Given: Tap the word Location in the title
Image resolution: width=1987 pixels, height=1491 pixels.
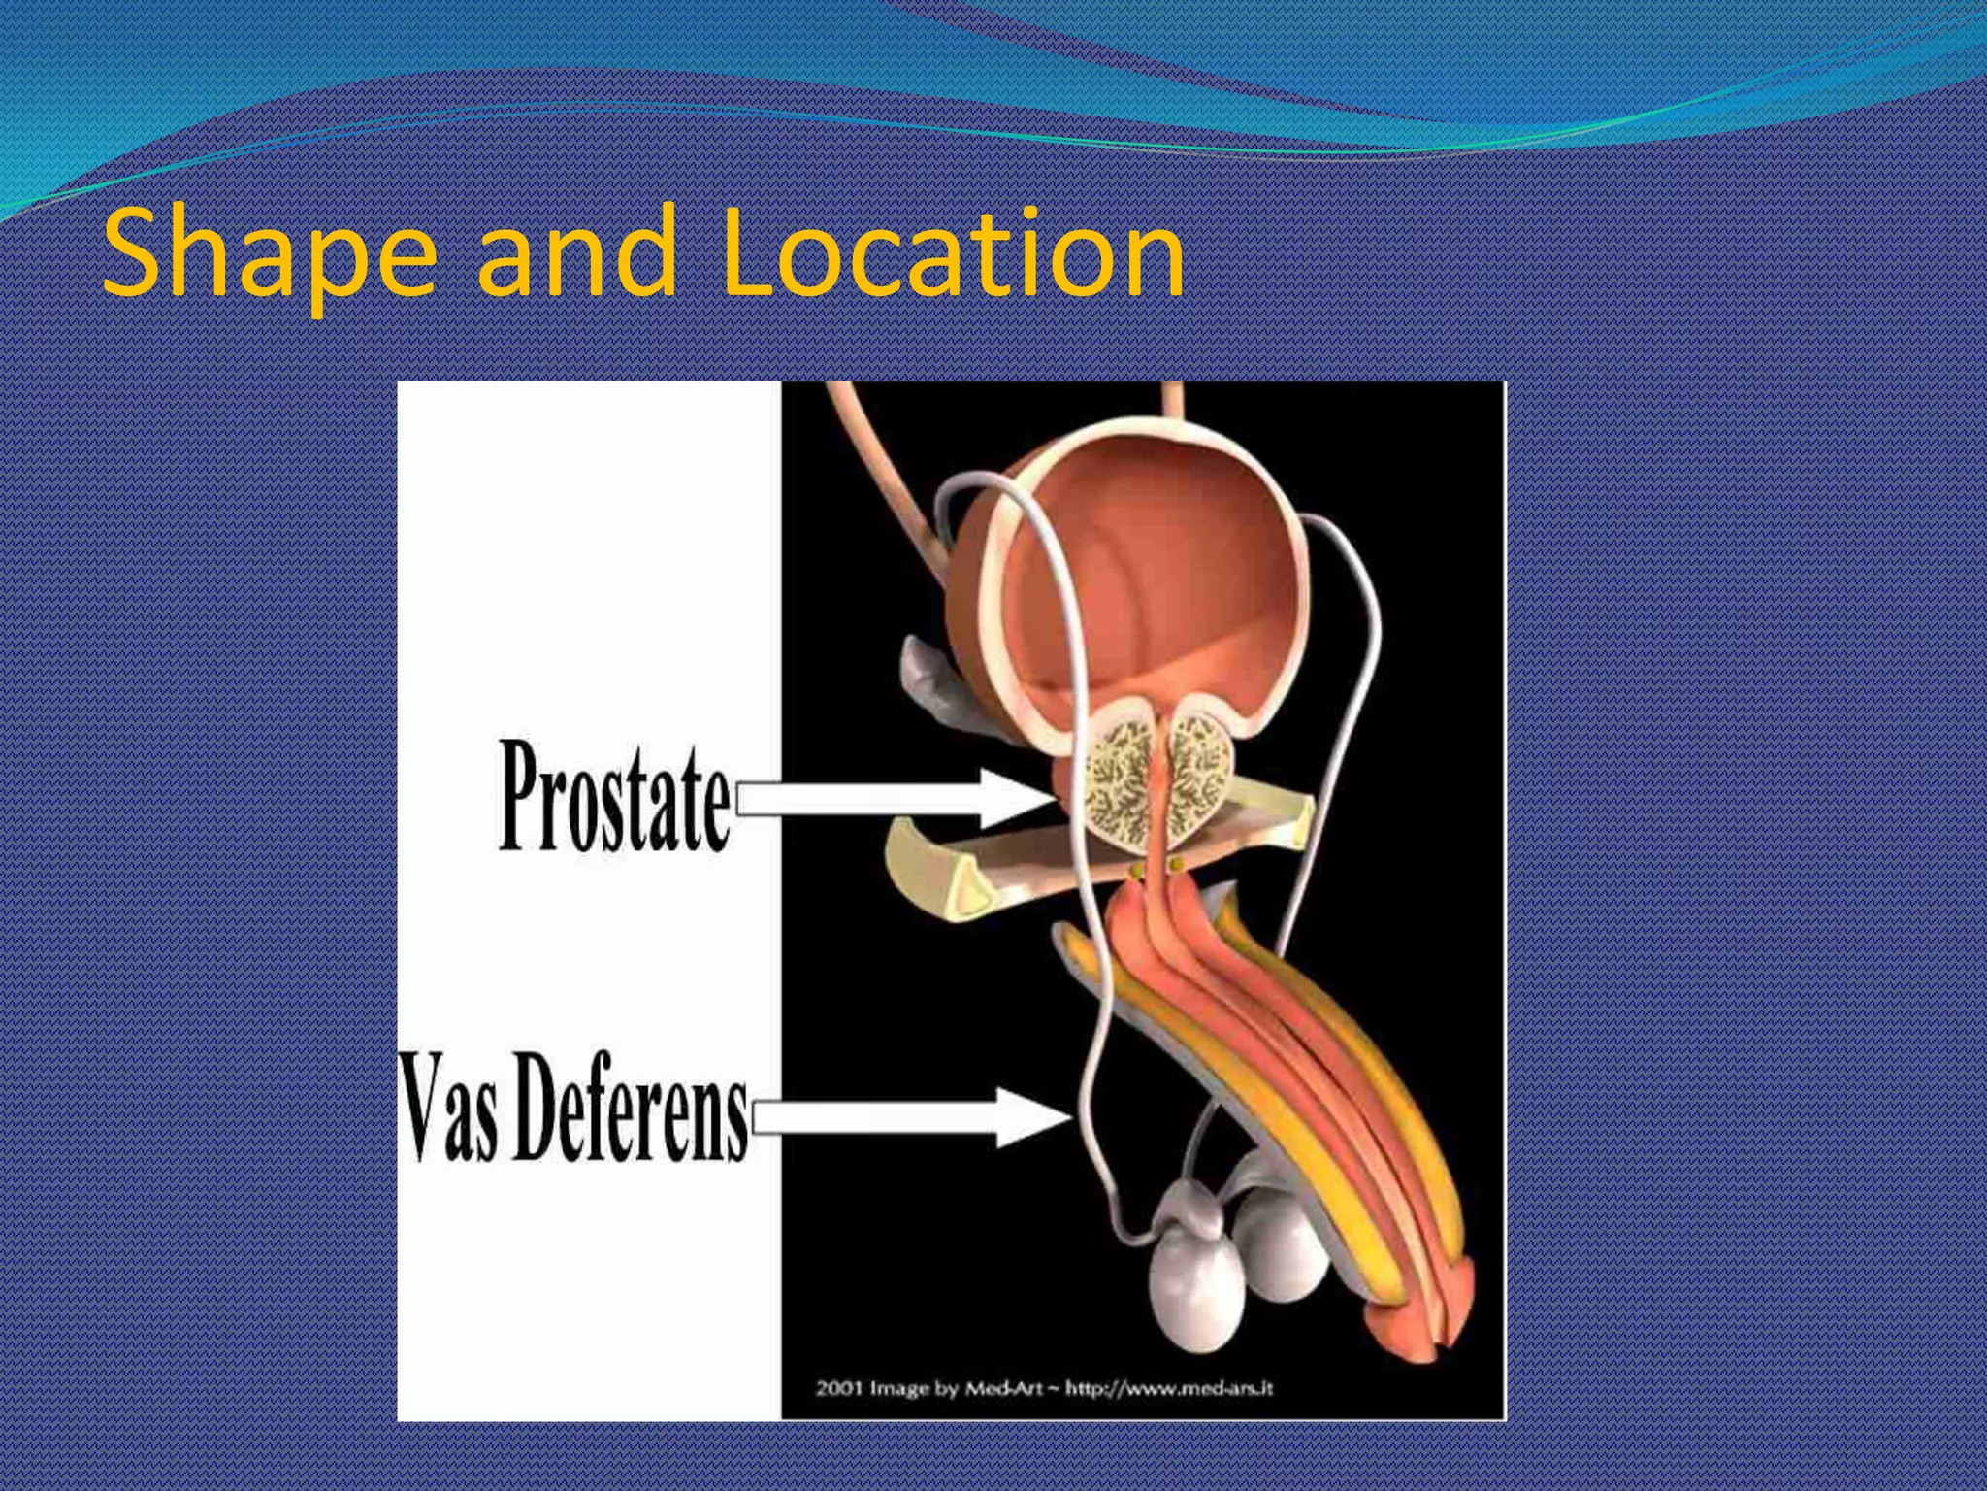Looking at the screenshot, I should pyautogui.click(x=952, y=254).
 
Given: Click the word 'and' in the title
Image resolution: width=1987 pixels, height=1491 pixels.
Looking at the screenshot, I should pyautogui.click(x=576, y=254).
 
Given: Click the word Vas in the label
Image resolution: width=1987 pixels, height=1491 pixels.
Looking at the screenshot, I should pyautogui.click(x=449, y=1110).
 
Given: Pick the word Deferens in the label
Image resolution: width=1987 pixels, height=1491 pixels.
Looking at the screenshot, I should pyautogui.click(x=630, y=1110).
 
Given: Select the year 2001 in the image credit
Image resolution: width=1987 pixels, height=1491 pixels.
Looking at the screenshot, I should pyautogui.click(x=838, y=1388).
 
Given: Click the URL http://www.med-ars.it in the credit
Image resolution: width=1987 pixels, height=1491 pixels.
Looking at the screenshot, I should pyautogui.click(x=1169, y=1388).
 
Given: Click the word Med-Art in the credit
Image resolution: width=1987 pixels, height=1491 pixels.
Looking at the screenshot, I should pyautogui.click(x=1005, y=1388).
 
